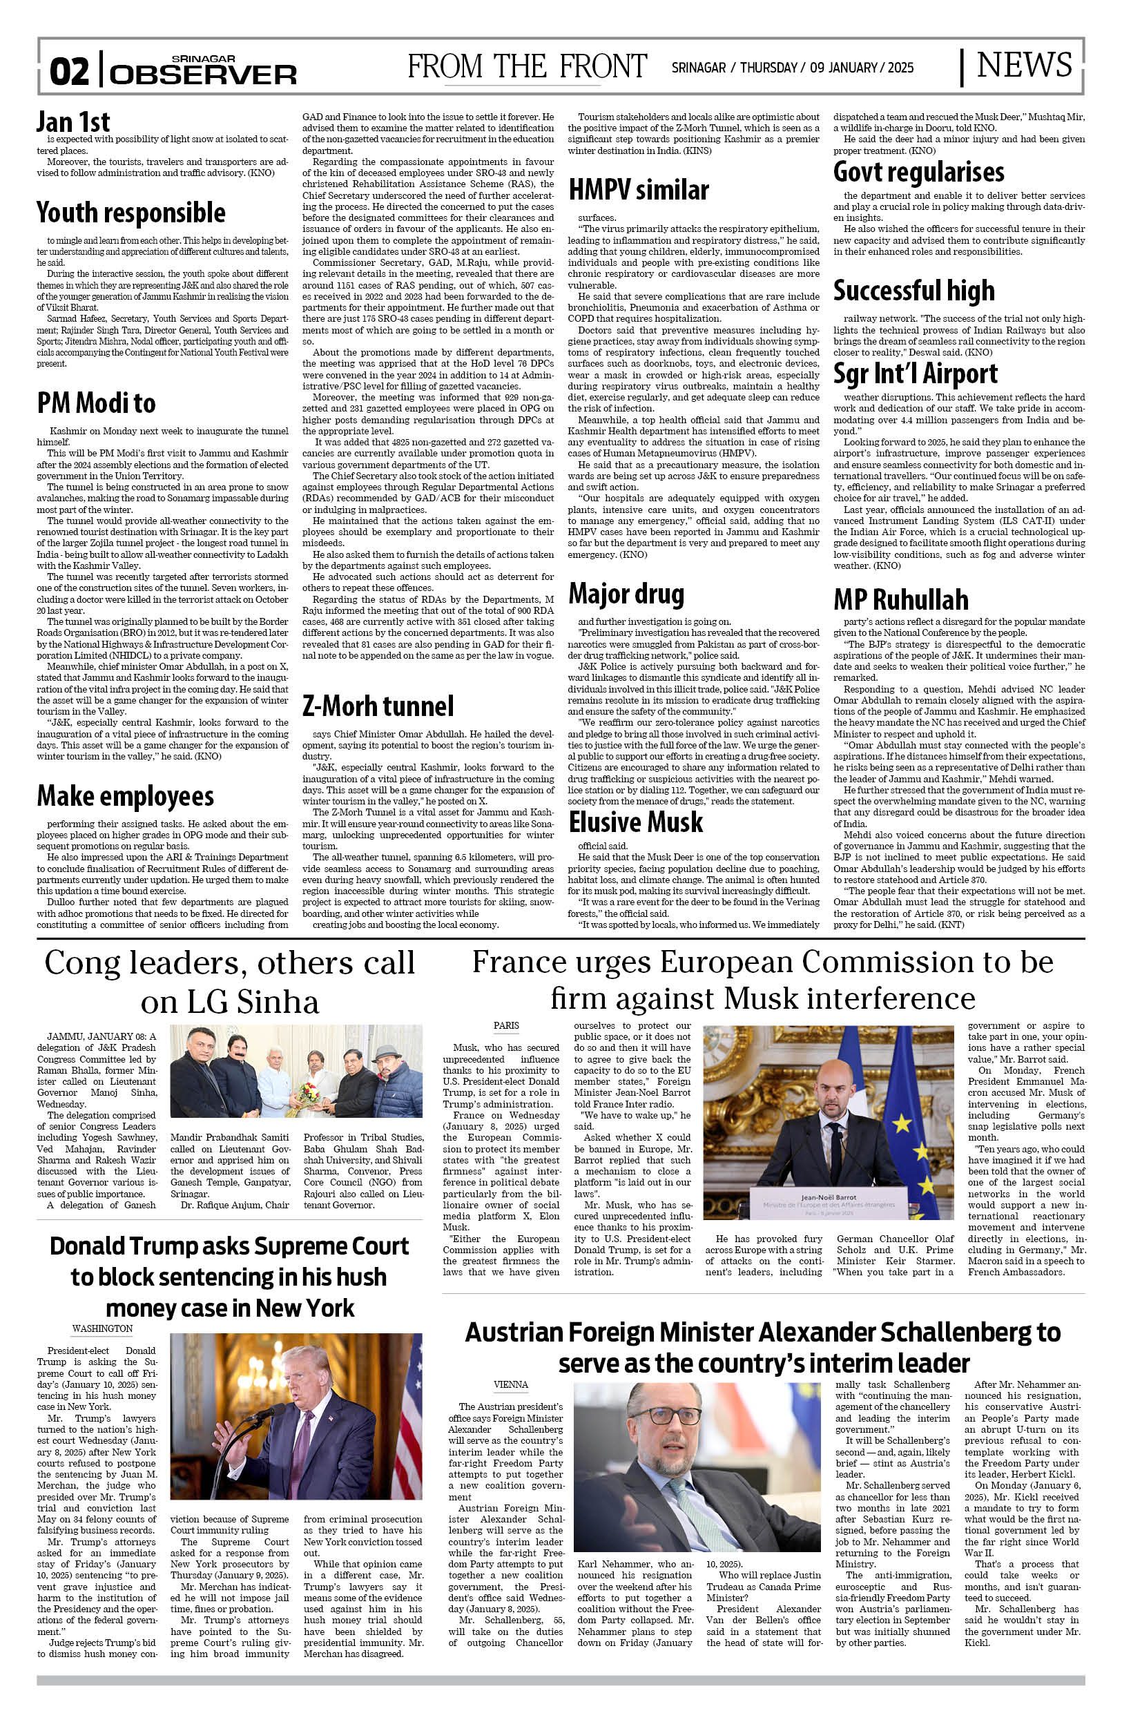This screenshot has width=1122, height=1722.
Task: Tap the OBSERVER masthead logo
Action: [x=203, y=74]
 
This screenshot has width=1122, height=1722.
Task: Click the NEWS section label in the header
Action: [x=1024, y=66]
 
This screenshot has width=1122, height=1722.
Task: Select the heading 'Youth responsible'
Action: [x=131, y=213]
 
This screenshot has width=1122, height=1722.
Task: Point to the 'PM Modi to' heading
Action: [x=96, y=403]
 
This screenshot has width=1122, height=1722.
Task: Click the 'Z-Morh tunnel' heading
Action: [x=378, y=706]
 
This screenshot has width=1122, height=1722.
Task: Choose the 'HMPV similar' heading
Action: [x=638, y=191]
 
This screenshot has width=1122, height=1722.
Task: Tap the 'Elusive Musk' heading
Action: [x=635, y=822]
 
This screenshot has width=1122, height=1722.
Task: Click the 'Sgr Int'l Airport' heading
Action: [x=915, y=374]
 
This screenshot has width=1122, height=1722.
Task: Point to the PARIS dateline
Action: [x=506, y=1025]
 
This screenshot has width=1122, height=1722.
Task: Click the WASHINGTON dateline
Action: [x=102, y=1328]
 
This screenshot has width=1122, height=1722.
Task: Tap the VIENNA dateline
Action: [x=511, y=1384]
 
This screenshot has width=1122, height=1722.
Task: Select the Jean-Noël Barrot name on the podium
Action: [x=829, y=1197]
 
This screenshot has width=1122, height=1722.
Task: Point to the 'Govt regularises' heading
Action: [x=918, y=171]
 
